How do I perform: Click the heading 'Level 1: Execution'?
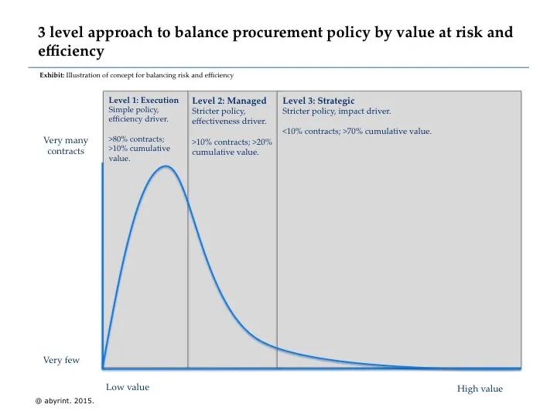point(143,100)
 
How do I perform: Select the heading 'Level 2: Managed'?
point(229,101)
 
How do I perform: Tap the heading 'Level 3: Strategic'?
point(318,101)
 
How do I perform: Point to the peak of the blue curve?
point(166,166)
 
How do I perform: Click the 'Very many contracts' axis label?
point(65,146)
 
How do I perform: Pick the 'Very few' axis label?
point(61,361)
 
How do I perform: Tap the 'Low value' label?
point(127,387)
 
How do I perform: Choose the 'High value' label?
point(480,389)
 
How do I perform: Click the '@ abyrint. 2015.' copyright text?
point(65,402)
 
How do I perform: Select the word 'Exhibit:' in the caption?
point(52,75)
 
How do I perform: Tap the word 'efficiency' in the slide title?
point(70,52)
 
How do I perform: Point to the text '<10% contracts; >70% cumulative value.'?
point(357,131)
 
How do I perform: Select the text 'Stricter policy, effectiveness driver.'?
point(229,116)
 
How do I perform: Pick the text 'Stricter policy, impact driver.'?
point(337,111)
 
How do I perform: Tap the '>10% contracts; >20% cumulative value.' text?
point(231,147)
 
